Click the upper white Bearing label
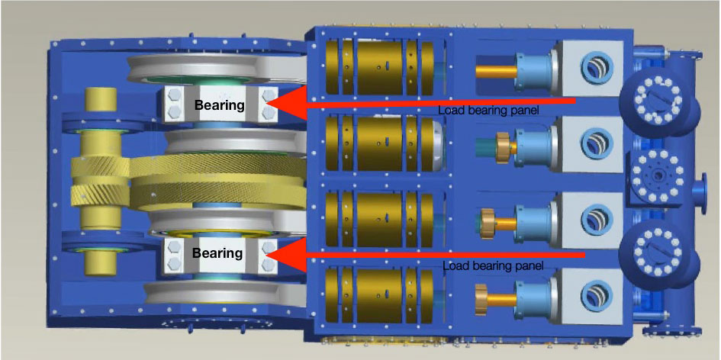coord(218,104)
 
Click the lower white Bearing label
coord(218,252)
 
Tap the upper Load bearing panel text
coord(489,111)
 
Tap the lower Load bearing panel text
coord(493,266)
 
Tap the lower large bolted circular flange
coord(651,252)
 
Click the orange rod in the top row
coord(494,69)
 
